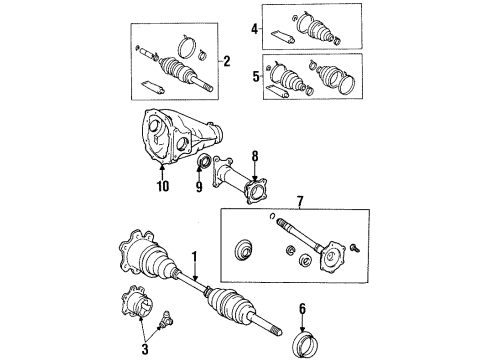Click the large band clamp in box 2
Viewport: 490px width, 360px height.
point(187,45)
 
